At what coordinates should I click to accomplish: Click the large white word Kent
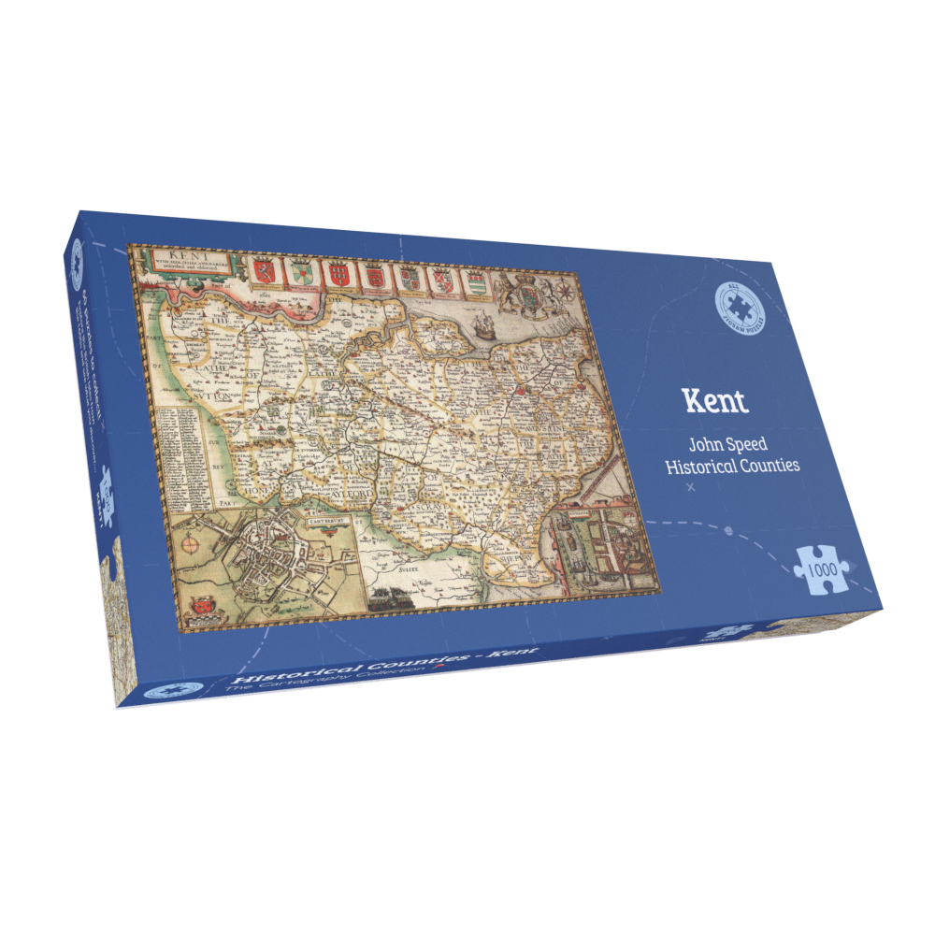(x=716, y=400)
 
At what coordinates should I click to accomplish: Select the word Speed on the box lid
(x=747, y=446)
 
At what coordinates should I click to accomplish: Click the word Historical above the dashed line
(x=698, y=466)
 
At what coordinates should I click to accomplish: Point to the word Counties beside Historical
(x=769, y=465)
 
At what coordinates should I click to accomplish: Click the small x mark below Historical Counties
(x=691, y=488)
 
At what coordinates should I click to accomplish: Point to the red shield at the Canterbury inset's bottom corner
(x=199, y=610)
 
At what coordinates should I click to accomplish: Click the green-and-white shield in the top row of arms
(x=301, y=273)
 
